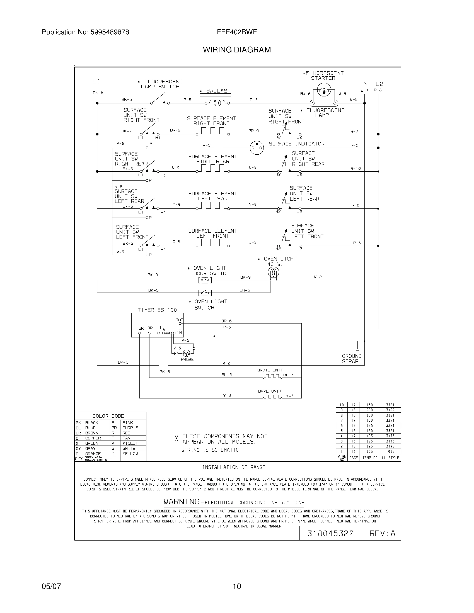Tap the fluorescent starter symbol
click(323, 91)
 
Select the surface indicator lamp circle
click(257, 147)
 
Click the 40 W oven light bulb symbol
click(273, 272)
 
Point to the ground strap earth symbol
click(357, 349)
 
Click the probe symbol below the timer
click(186, 353)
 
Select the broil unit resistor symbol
click(272, 376)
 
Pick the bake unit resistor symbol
click(272, 397)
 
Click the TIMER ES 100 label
click(157, 310)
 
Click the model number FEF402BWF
click(237, 32)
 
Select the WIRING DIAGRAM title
click(237, 50)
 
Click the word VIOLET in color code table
click(130, 443)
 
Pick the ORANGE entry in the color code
click(93, 454)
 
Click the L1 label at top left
click(96, 81)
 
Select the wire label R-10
click(355, 169)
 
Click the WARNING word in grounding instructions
click(182, 502)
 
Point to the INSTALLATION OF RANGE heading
click(234, 467)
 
